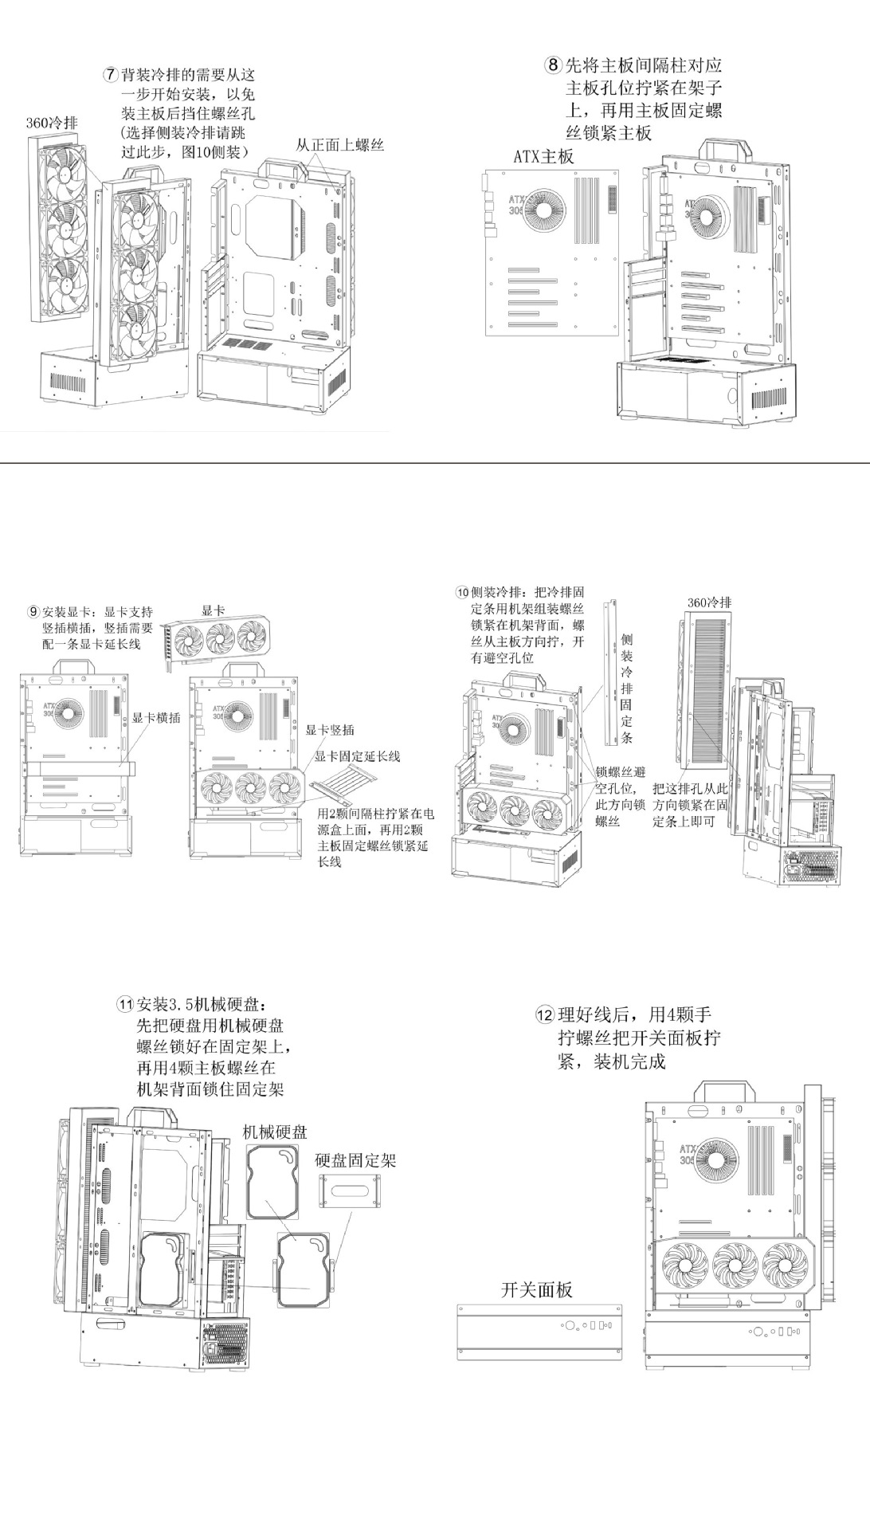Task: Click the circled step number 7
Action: [x=111, y=76]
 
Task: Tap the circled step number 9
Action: [x=33, y=612]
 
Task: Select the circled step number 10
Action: [x=462, y=593]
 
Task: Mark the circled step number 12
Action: [x=544, y=1015]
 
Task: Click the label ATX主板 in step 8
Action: [x=543, y=156]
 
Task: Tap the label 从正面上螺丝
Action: [x=340, y=146]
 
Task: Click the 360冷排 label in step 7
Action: [x=52, y=123]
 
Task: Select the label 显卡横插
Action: [x=156, y=717]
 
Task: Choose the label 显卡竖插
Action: [x=330, y=730]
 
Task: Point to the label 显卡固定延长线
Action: [x=358, y=756]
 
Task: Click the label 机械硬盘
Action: [x=275, y=1132]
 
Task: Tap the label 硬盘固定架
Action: [x=355, y=1160]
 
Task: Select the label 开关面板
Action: [x=536, y=1289]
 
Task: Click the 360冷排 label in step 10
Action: [x=708, y=602]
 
